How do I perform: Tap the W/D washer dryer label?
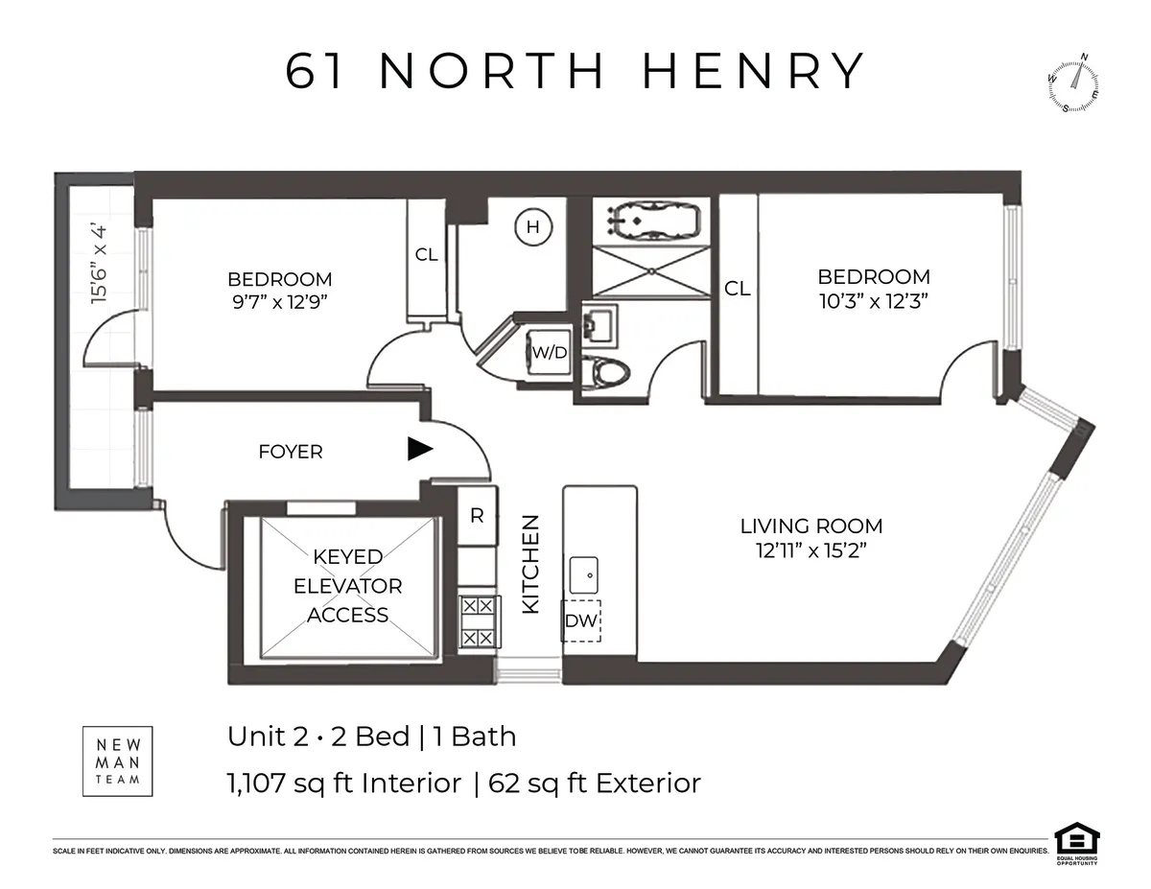pyautogui.click(x=550, y=352)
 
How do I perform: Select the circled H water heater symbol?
pyautogui.click(x=533, y=227)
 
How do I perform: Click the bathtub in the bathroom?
pyautogui.click(x=651, y=222)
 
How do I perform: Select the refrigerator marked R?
pyautogui.click(x=476, y=515)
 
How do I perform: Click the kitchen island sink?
pyautogui.click(x=583, y=575)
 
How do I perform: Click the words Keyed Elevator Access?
pyautogui.click(x=347, y=585)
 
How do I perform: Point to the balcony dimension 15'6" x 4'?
pyautogui.click(x=98, y=265)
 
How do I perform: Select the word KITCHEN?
pyautogui.click(x=530, y=564)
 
